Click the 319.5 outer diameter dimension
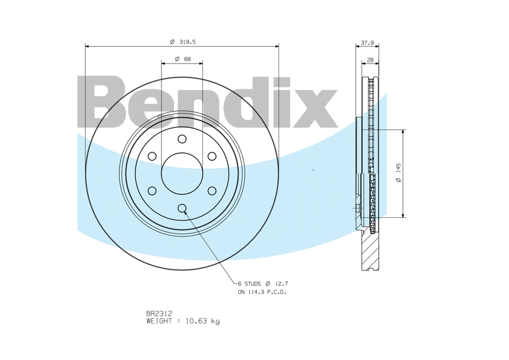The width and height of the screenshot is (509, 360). tap(182, 42)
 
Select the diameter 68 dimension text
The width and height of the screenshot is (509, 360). tap(182, 59)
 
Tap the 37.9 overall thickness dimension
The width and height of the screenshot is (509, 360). tap(367, 43)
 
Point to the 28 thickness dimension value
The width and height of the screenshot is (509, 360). tap(370, 60)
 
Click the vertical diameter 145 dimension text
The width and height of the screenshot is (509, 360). tap(399, 172)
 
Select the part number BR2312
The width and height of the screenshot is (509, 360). tap(160, 314)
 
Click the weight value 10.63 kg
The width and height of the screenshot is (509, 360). tap(202, 322)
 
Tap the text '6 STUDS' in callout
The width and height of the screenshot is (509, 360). tap(249, 284)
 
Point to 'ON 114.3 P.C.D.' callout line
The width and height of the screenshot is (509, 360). tap(262, 292)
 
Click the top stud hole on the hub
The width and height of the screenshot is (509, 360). tap(182, 139)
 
